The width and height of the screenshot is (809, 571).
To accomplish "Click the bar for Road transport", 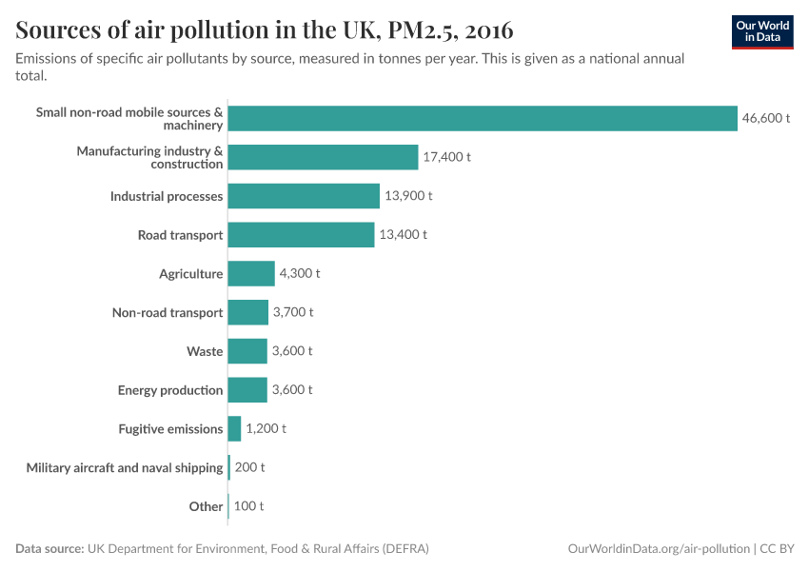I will (301, 235).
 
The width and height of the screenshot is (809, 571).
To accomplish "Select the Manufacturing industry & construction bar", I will (323, 157).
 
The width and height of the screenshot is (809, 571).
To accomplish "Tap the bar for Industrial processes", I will (304, 196).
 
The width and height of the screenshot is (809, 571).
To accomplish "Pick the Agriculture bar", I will (251, 274).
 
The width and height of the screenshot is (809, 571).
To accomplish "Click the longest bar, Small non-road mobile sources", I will (483, 118).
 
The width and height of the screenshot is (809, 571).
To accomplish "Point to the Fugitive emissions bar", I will (234, 429).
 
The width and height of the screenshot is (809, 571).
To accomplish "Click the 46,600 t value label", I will (767, 118).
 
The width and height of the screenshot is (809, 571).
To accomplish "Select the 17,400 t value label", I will (447, 157).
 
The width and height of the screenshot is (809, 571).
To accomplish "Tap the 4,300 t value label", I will (300, 274).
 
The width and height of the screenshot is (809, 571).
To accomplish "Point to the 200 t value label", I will (249, 467).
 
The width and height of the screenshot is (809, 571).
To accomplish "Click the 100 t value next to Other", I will (248, 506).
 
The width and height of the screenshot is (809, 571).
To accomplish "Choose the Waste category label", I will (205, 352).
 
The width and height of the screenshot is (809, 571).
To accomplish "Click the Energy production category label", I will (170, 390).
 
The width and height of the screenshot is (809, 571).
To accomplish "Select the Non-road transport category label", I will (168, 313).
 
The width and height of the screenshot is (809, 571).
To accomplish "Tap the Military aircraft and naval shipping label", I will (125, 467).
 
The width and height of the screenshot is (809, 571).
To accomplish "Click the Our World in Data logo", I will (762, 32).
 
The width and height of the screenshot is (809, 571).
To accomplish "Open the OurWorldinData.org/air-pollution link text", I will (658, 549).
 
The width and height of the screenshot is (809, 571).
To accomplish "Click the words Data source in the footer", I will (49, 549).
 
